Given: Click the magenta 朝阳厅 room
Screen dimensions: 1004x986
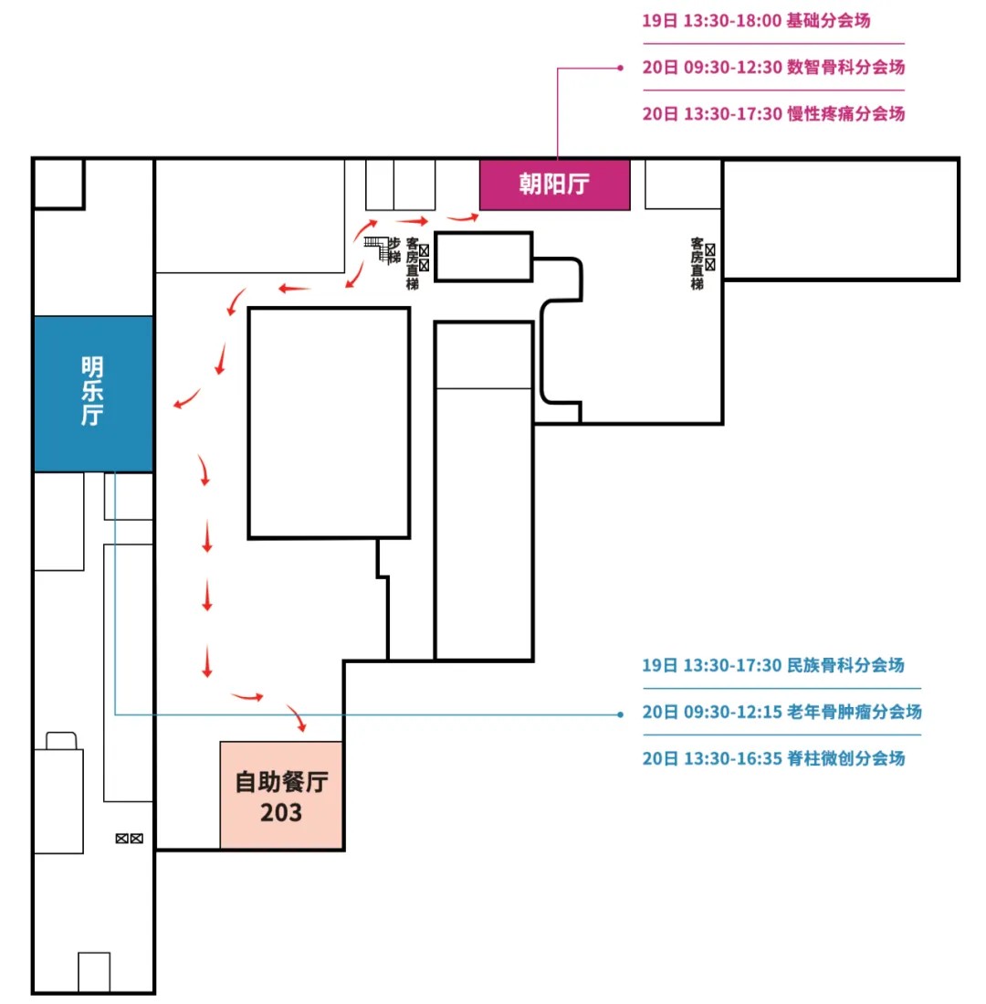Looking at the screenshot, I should point(554,185).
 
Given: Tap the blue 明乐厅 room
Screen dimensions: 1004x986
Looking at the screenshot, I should point(92,394).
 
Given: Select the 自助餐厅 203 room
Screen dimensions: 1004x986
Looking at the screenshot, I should point(281,796).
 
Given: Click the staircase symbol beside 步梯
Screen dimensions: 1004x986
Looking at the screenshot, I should point(376,248).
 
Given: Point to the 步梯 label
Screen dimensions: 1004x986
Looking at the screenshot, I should point(394,250).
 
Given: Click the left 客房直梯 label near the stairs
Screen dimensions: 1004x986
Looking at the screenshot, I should point(413,264).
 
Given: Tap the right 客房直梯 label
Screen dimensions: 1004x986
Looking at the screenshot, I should point(697,264).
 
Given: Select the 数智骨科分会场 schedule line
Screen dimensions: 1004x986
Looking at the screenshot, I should point(773,68).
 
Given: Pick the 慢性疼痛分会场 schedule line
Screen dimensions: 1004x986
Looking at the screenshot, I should point(773,114).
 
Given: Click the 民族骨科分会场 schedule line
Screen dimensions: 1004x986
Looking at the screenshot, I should point(773,665).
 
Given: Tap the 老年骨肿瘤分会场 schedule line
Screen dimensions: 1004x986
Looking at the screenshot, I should point(781,713).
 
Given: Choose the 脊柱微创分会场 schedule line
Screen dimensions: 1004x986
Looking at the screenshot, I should point(773,759).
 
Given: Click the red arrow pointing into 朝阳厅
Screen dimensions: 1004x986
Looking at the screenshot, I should point(465,217).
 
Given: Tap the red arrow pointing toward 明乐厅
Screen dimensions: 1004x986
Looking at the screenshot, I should point(186,399).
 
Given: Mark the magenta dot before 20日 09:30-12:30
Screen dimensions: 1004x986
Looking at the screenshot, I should point(621,68).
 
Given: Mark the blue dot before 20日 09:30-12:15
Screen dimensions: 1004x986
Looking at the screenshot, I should point(621,713).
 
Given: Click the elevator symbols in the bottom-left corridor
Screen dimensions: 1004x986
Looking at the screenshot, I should point(129,838).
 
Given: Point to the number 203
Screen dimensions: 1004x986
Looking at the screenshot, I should point(281,812).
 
